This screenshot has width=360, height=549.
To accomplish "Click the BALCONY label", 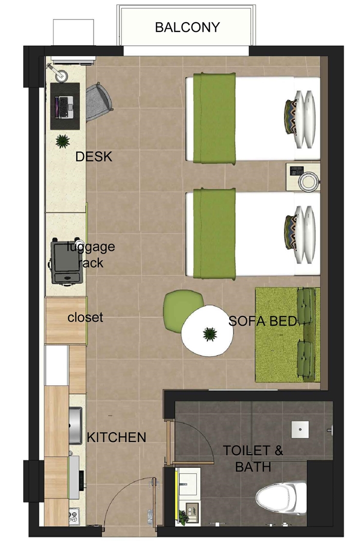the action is point(187,27).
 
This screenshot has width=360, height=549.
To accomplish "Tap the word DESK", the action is point(94,156).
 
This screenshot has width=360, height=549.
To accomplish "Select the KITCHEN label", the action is point(116,437).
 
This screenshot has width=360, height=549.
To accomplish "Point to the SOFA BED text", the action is point(263,321).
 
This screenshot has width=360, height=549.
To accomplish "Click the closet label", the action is point(85,317).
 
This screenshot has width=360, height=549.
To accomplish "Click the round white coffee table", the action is point(207,331).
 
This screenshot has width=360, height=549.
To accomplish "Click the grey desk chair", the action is point(99,102).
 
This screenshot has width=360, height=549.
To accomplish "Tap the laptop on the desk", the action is point(65,107).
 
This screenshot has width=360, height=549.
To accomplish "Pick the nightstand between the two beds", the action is point(302,177).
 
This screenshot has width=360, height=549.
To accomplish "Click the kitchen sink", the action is point(75,425).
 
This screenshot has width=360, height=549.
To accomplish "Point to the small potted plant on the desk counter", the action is point(63,141).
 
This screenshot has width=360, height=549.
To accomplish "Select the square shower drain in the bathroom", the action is point(300,429).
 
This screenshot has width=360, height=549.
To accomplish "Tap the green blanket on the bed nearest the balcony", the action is point(214,118).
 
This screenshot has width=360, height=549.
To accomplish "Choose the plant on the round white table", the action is point(209,334).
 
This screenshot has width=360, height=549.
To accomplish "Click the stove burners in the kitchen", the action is point(74,516).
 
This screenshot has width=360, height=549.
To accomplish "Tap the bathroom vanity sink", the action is point(188,482).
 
